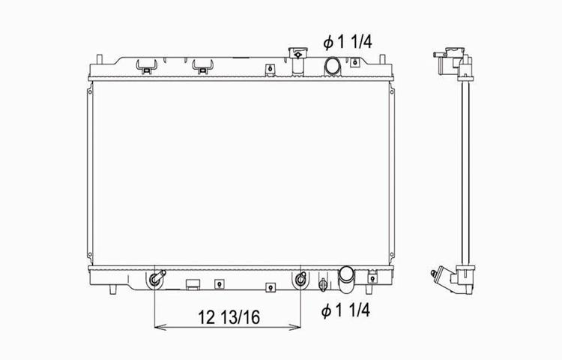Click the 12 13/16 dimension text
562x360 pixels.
tap(229, 317)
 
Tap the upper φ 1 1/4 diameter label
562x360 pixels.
tap(348, 42)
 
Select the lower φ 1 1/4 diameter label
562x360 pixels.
tap(345, 310)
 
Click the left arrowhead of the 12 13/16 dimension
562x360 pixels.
tap(160, 327)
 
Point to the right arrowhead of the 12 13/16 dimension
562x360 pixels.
tap(295, 327)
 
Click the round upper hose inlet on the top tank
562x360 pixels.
tap(332, 65)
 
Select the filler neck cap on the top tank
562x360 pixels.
tap(298, 53)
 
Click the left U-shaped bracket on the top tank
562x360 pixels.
tap(146, 67)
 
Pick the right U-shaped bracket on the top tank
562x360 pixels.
tap(203, 67)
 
